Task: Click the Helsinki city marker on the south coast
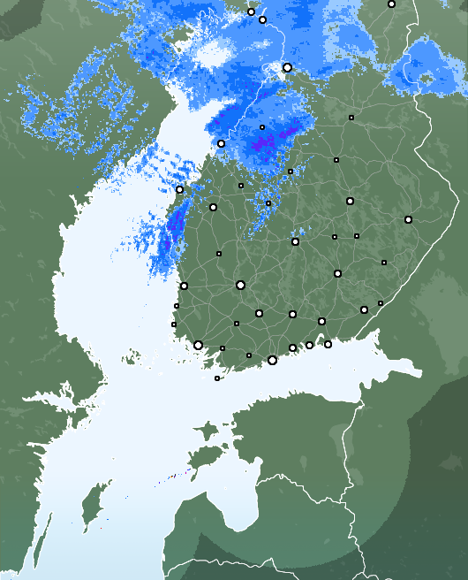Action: coord(272,360)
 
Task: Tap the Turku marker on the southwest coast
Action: coord(198,346)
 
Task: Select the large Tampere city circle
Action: coord(240,285)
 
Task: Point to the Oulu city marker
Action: coord(287,67)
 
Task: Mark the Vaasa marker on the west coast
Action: coord(179,189)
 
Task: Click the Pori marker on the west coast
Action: coord(184,286)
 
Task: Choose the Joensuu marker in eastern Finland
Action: coord(408,219)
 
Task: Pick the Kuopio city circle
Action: coord(350,201)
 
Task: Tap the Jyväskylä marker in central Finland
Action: coord(295,241)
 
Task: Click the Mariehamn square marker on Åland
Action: coord(217,378)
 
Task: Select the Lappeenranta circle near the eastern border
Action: coord(364,309)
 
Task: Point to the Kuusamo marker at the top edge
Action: coord(391,4)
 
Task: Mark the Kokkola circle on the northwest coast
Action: coord(221,143)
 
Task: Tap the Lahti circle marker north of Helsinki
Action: coord(292,314)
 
